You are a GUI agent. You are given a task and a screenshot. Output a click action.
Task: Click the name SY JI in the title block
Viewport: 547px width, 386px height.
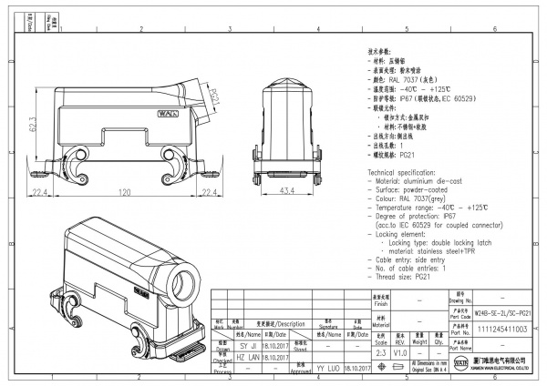pos(248,347)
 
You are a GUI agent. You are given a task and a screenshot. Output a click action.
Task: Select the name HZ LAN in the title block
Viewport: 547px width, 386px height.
pos(248,360)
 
